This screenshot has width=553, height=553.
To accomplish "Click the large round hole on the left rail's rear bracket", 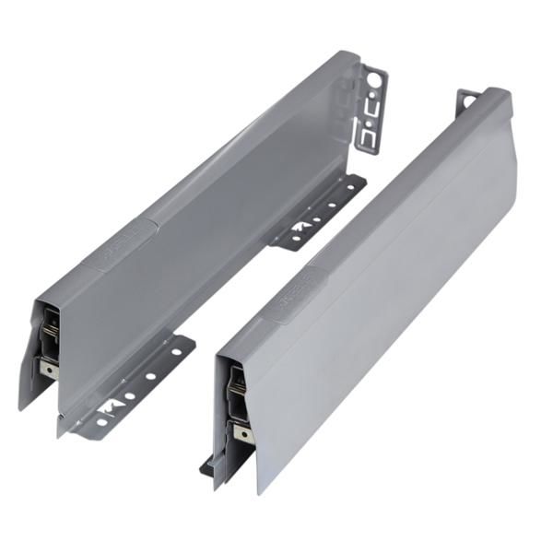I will [375, 81].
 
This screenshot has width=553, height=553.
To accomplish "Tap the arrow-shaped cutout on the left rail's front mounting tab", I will [110, 406].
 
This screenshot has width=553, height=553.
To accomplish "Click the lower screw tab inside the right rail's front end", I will [241, 433].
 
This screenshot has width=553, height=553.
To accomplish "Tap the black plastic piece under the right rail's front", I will [206, 467].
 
